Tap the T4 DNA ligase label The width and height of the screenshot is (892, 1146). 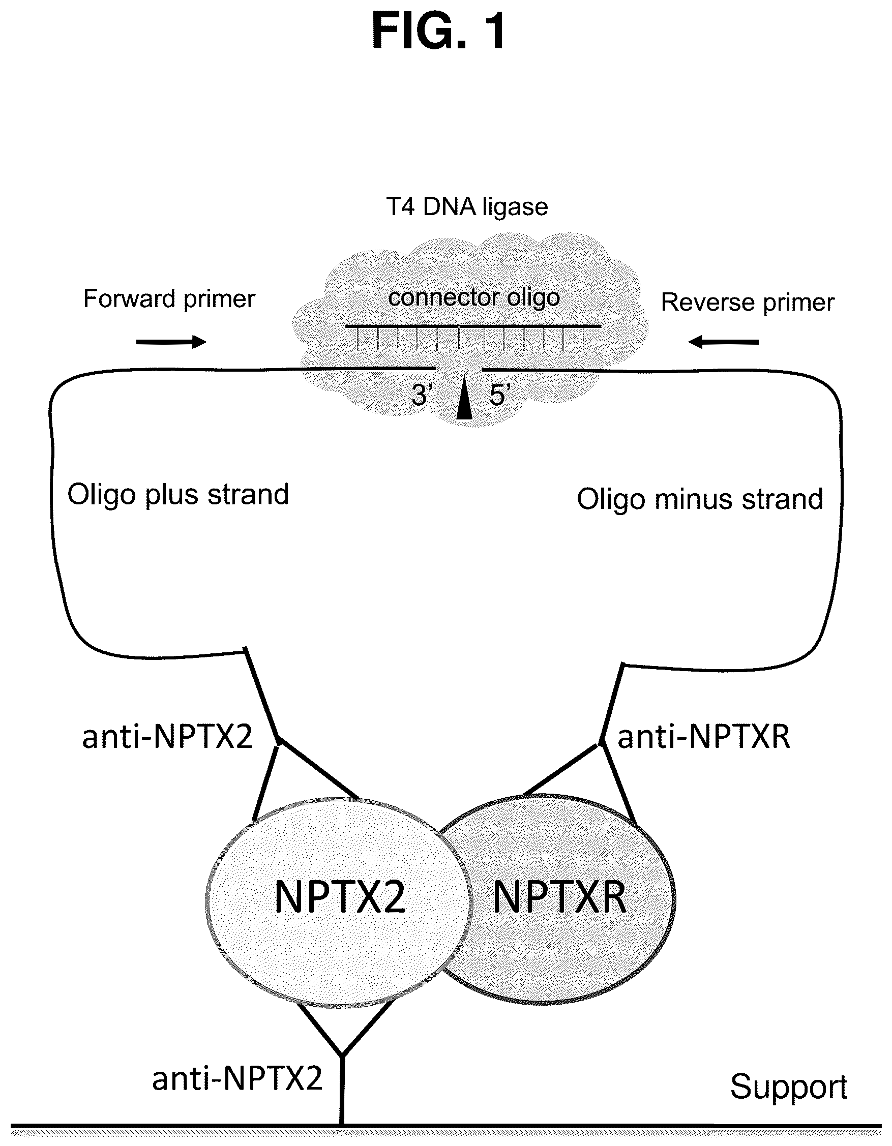click(467, 207)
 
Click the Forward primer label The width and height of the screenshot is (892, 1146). click(169, 299)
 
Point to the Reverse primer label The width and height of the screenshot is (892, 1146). click(748, 303)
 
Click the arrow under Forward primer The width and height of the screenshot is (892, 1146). click(171, 342)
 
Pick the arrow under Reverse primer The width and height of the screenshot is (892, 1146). click(724, 342)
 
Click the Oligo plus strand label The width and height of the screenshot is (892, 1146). click(179, 495)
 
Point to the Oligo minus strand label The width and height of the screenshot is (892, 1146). click(700, 499)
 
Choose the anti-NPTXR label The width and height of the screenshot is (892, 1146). click(704, 737)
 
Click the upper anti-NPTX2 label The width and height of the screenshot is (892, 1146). click(168, 737)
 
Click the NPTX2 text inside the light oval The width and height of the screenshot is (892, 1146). click(340, 898)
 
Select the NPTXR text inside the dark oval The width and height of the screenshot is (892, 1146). click(559, 898)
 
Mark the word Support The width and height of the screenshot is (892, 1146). click(789, 1086)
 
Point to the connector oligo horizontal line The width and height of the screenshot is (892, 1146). click(473, 326)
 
